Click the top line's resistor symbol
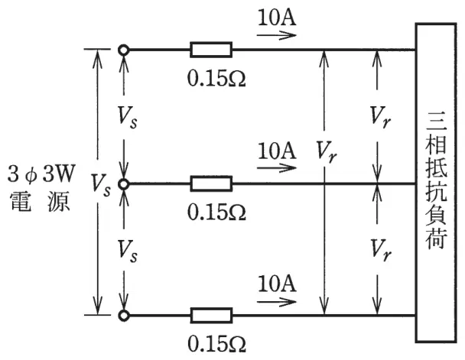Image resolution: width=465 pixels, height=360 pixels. tap(211, 50)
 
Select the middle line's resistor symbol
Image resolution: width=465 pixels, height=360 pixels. tap(211, 183)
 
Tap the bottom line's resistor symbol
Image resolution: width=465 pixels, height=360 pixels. tap(211, 315)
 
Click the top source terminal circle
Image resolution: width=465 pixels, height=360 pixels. tap(123, 50)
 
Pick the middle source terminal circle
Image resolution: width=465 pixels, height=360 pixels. tap(123, 184)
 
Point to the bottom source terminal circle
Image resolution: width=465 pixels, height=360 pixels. tap(123, 315)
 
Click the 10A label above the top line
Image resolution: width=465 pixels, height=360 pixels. tap(277, 18)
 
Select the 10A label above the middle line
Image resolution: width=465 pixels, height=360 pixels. tap(277, 151)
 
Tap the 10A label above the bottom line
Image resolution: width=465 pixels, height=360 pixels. tap(277, 284)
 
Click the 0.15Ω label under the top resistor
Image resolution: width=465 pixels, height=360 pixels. tap(216, 79)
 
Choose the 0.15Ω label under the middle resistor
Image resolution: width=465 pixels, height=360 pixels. tap(216, 212)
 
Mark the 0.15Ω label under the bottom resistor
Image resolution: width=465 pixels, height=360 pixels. tap(216, 344)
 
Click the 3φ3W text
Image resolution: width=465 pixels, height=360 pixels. tap(41, 174)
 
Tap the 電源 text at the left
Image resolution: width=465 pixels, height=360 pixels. tap(40, 201)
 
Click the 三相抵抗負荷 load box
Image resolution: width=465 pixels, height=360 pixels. tap(436, 183)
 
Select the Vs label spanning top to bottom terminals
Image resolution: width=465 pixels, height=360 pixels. tap(100, 186)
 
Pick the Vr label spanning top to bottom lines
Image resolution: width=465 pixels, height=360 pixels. tap(327, 151)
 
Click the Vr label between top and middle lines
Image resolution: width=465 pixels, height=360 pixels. tap(380, 117)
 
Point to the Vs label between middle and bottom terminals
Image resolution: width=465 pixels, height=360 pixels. tap(128, 251)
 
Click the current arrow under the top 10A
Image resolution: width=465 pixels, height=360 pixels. tap(277, 35)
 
